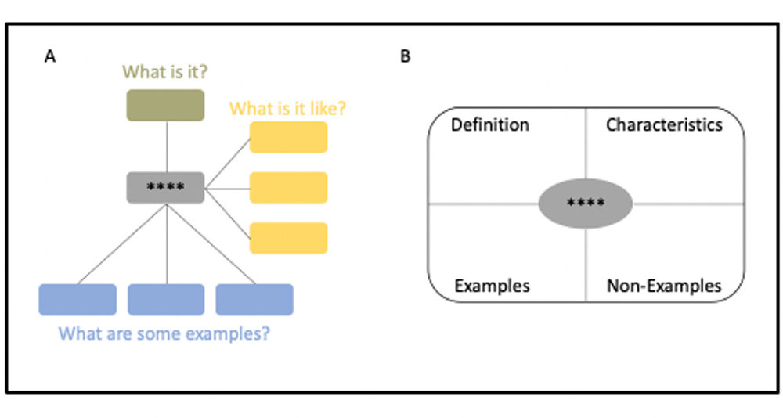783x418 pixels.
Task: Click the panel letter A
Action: [x=49, y=56]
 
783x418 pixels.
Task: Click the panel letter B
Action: [x=405, y=56]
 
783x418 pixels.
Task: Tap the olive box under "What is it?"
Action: [x=165, y=105]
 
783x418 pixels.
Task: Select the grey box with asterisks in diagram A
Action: [x=165, y=187]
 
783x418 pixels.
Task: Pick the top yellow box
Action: [x=288, y=137]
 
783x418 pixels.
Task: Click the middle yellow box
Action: [x=288, y=188]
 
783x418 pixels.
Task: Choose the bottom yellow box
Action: [x=288, y=238]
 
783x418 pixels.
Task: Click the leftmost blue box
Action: [x=78, y=300]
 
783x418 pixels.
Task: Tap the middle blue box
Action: [x=166, y=300]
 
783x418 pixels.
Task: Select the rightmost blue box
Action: [x=254, y=300]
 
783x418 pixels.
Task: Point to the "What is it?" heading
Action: [x=165, y=72]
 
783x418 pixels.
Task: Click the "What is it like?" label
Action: [x=287, y=108]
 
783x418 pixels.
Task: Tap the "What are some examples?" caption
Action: [x=165, y=333]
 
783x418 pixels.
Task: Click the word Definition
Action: [x=490, y=124]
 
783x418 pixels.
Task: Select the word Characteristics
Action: [x=664, y=124]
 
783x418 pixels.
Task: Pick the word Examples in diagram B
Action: [x=492, y=286]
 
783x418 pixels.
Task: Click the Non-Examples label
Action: [x=664, y=286]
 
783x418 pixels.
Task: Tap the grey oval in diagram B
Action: [x=585, y=204]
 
